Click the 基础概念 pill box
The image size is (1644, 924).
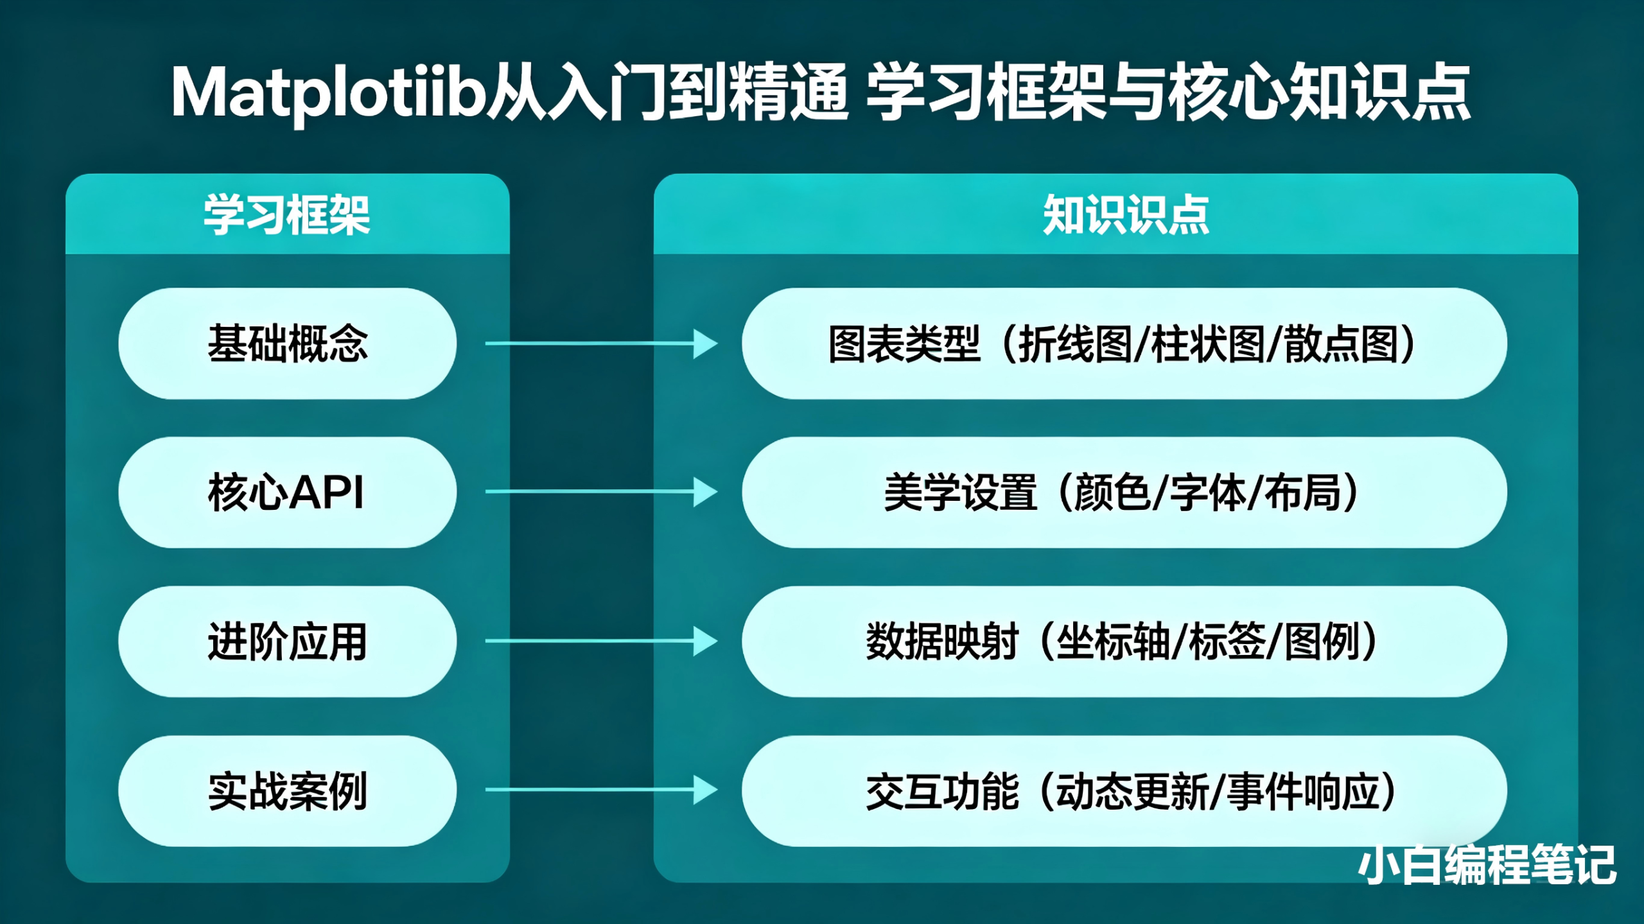click(x=287, y=344)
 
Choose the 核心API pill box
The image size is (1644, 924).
click(x=287, y=493)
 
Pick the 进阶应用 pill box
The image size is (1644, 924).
click(x=287, y=641)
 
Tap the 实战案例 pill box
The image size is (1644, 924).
click(x=287, y=791)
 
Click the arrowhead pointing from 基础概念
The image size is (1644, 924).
click(x=704, y=344)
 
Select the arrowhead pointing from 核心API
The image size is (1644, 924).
click(x=704, y=493)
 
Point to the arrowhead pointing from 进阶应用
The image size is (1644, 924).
click(x=704, y=641)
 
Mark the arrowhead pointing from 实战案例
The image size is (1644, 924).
click(x=704, y=790)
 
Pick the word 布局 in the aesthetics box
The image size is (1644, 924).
click(x=1303, y=493)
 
